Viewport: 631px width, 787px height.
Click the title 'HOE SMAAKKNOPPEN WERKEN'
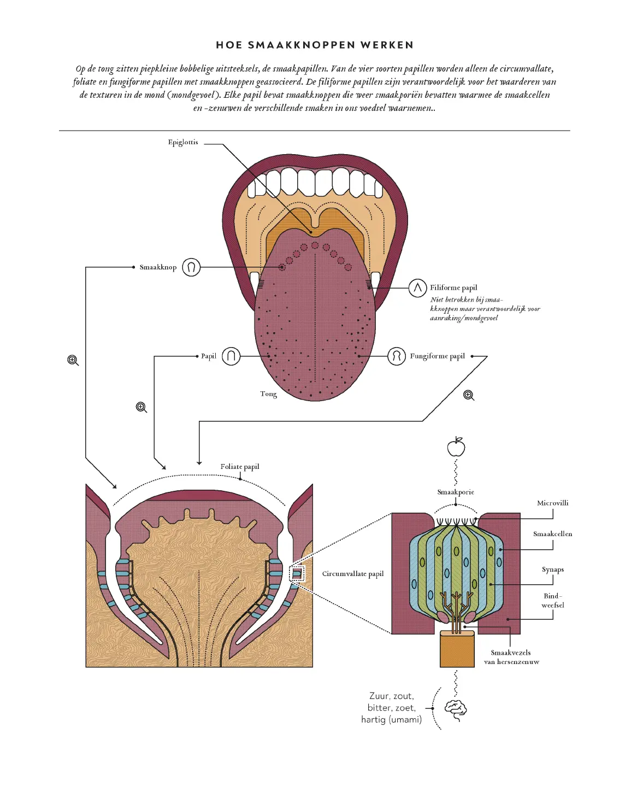(x=315, y=45)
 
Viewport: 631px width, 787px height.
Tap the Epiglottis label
(x=183, y=143)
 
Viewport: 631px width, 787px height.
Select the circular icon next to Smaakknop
(x=191, y=267)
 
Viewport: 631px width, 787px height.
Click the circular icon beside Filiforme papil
(x=417, y=287)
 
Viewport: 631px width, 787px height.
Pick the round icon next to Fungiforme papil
(x=397, y=356)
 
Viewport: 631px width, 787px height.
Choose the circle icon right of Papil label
(x=231, y=356)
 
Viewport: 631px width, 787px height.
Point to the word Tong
(x=268, y=393)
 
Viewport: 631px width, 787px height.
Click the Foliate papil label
(x=240, y=467)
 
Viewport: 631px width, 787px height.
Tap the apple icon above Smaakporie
(x=456, y=447)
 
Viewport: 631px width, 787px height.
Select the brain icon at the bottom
(x=456, y=709)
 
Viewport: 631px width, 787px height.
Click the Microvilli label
(x=552, y=503)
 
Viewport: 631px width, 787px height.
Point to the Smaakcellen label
(x=552, y=534)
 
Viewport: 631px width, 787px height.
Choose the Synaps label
(x=552, y=569)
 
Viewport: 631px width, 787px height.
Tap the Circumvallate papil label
(x=353, y=574)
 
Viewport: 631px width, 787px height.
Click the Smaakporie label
(x=456, y=492)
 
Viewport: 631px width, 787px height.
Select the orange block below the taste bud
(x=457, y=649)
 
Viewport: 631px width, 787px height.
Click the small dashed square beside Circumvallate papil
(x=297, y=574)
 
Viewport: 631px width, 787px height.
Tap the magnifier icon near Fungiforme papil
(x=469, y=395)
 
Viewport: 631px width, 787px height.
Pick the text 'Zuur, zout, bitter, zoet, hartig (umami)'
(x=392, y=708)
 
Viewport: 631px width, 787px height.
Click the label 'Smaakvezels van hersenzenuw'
(x=511, y=657)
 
